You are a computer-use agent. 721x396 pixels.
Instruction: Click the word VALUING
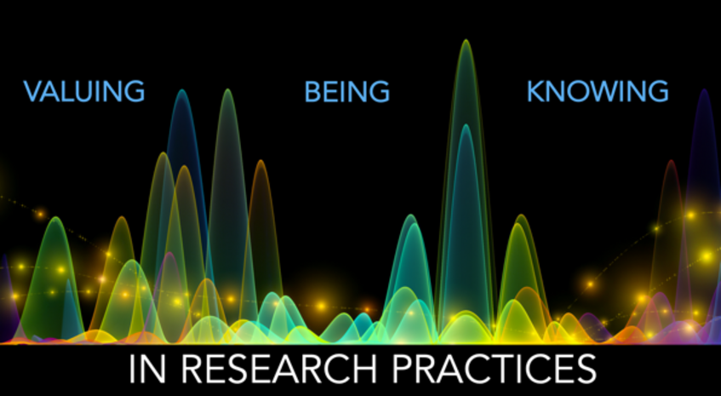coord(84,91)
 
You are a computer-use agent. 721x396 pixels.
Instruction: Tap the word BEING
coord(347,91)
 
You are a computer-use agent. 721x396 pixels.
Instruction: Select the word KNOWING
coord(598,91)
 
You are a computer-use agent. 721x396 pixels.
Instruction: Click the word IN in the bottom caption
coord(147,369)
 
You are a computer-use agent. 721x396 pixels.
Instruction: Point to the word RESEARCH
coord(279,369)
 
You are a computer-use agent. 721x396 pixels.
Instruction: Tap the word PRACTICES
coord(495,369)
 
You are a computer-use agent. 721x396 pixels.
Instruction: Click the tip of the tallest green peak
coord(466,40)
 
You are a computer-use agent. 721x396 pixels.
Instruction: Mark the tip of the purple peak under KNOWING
coord(704,89)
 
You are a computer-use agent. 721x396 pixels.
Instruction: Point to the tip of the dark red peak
coord(672,160)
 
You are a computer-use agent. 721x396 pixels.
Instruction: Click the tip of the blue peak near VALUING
coord(182,89)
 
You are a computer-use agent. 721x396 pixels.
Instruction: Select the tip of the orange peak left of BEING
coord(261,160)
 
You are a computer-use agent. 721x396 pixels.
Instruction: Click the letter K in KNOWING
coord(535,91)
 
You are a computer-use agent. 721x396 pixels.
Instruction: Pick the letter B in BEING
coord(312,91)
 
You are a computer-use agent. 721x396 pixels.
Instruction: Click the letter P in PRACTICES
coord(403,369)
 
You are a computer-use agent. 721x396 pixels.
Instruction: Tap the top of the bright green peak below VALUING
coord(55,217)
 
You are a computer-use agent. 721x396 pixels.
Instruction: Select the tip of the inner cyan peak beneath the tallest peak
coord(466,125)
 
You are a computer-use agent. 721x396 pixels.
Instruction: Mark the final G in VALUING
coord(135,91)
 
